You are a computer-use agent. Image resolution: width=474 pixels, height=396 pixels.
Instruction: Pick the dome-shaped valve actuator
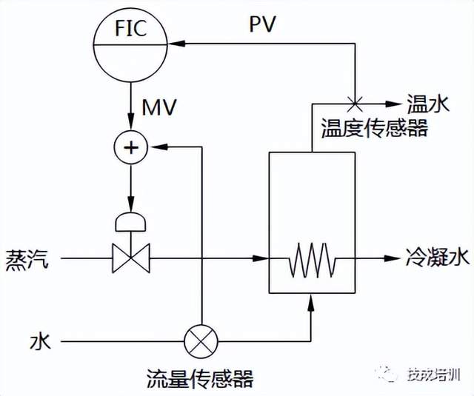pos(132,221)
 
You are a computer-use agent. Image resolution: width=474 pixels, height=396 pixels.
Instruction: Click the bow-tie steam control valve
pos(132,258)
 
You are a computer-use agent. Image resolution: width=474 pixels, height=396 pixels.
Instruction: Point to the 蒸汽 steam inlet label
pos(27,258)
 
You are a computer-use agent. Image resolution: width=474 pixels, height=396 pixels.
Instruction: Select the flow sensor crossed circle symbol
pos(201,341)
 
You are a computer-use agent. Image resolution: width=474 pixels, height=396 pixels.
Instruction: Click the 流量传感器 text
pos(200,379)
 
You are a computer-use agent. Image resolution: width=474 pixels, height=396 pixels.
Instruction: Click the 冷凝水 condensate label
pos(438,258)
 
